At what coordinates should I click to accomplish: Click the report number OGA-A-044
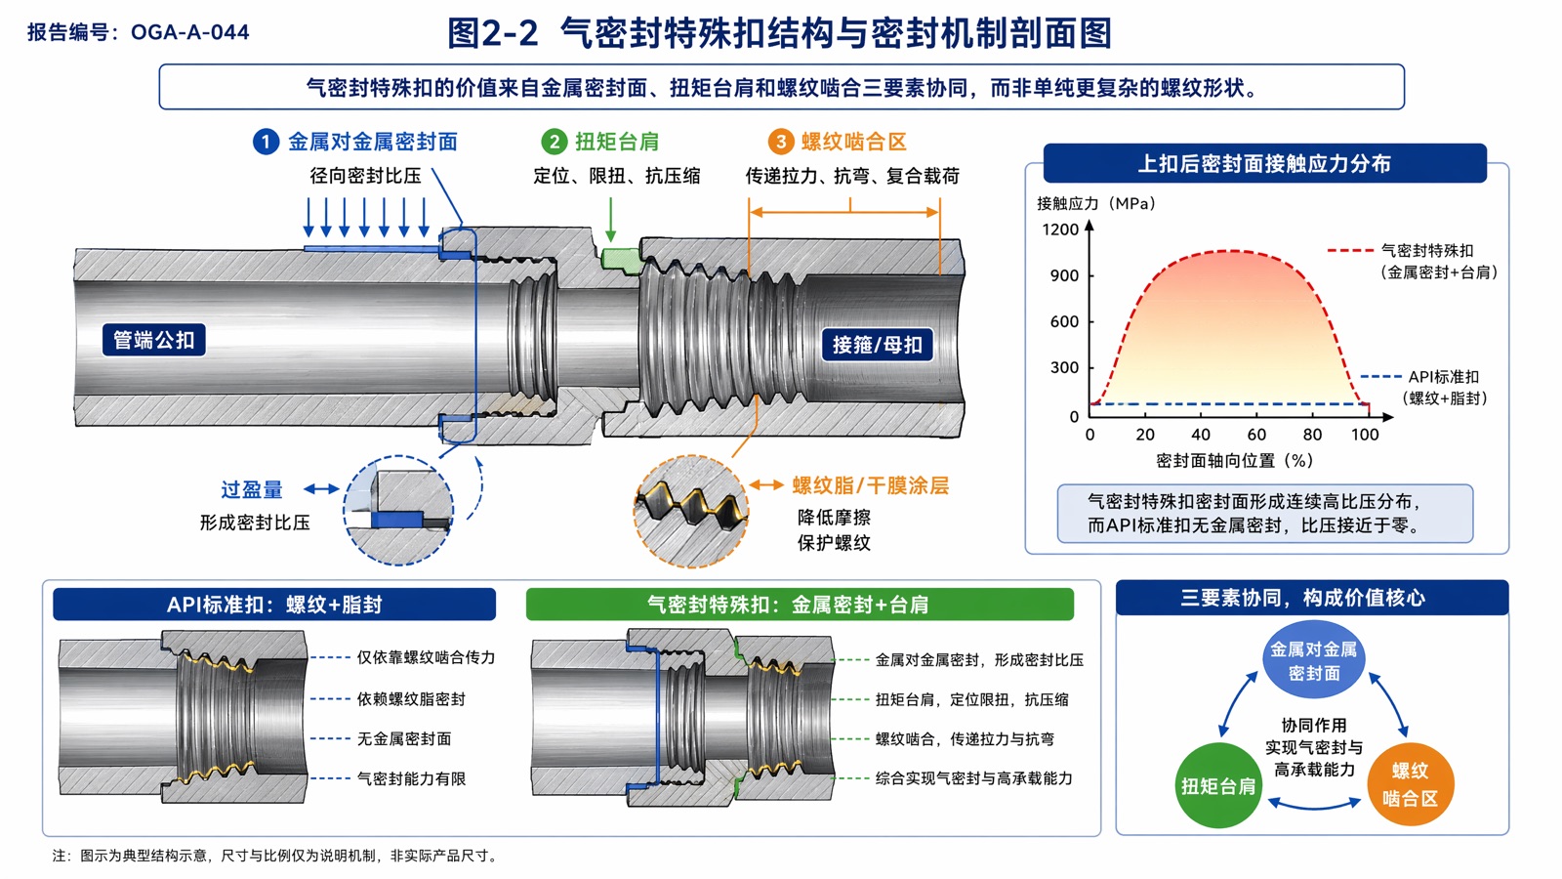(x=189, y=32)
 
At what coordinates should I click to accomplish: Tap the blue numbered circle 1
(x=266, y=143)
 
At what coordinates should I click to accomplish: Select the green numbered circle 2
(x=555, y=143)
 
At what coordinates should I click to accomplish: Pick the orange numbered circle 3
(x=781, y=143)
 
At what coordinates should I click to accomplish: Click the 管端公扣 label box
(x=154, y=341)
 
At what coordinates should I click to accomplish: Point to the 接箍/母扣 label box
(x=878, y=345)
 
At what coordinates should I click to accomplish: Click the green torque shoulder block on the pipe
(x=621, y=260)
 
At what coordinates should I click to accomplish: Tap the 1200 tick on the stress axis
(x=1060, y=230)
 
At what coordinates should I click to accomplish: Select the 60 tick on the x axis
(x=1256, y=435)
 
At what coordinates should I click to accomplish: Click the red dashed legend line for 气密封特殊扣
(x=1351, y=250)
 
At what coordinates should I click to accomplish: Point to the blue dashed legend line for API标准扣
(x=1380, y=377)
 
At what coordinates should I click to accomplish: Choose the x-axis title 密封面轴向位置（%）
(x=1235, y=460)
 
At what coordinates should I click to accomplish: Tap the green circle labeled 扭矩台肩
(x=1218, y=785)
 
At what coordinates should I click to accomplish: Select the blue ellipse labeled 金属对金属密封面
(x=1314, y=660)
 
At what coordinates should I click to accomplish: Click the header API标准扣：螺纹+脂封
(x=274, y=605)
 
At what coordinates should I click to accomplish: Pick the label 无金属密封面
(x=404, y=738)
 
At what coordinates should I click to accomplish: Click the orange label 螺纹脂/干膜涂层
(x=871, y=485)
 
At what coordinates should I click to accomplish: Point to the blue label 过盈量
(x=252, y=489)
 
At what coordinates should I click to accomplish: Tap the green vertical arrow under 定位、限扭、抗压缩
(x=611, y=219)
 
